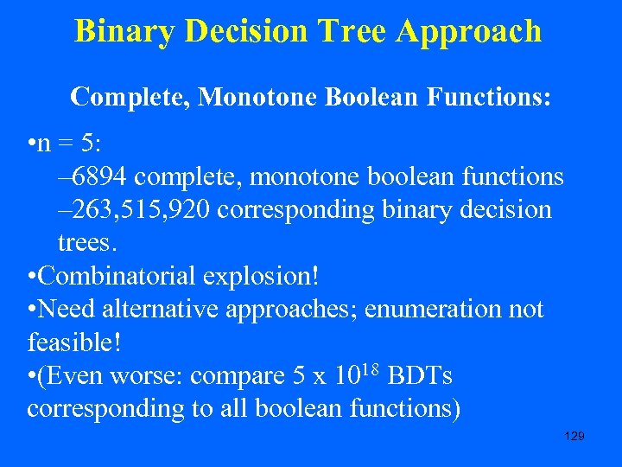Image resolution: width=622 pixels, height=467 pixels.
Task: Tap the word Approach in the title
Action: point(468,31)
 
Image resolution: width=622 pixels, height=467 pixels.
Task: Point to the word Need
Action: point(71,310)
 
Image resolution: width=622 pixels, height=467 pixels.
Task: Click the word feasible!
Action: point(74,342)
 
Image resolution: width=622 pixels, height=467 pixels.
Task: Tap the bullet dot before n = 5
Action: point(31,144)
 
